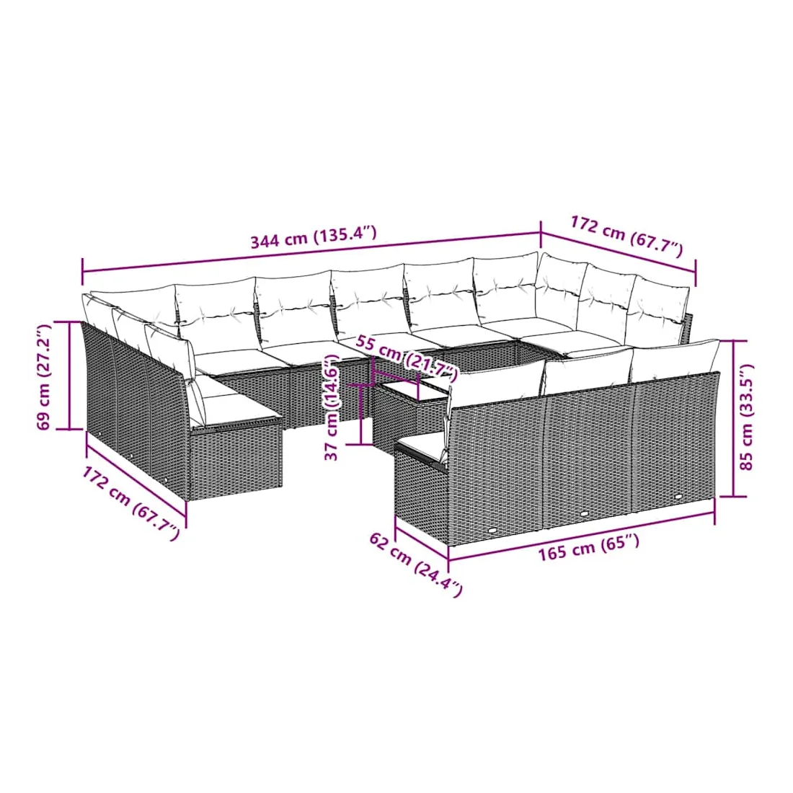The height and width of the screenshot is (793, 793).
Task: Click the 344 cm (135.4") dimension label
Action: click(314, 236)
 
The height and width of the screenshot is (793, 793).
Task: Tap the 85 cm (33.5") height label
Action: click(746, 417)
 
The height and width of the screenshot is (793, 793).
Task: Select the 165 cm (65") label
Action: click(588, 548)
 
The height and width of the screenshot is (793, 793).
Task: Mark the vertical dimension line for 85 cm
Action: click(733, 418)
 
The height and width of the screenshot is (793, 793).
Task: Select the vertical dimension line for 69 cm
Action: click(69, 375)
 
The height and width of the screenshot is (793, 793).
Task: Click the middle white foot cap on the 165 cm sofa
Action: click(585, 514)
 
